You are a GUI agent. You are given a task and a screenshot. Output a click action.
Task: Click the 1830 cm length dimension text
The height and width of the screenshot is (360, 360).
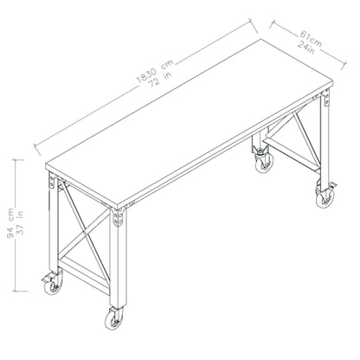coord(155,71)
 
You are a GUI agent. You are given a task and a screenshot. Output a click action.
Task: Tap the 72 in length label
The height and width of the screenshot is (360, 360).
coord(160,79)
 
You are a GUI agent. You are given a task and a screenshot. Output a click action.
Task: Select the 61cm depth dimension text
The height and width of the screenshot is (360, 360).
coord(311,39)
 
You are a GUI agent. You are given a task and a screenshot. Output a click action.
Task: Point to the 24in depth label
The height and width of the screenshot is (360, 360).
coord(306,47)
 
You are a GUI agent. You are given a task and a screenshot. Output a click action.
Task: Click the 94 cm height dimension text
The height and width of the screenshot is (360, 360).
coord(10,222)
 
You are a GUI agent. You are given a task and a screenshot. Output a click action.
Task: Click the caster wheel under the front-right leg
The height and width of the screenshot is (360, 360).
coord(114,319)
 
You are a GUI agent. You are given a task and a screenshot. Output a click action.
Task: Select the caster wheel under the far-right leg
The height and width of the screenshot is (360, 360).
coord(325,197)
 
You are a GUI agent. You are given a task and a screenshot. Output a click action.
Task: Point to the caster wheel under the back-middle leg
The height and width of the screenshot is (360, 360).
coord(264,163)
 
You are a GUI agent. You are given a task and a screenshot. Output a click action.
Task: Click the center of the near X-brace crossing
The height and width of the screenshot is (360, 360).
coord(84,232)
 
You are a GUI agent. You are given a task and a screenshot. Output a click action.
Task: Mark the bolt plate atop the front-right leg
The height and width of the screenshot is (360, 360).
coord(118,218)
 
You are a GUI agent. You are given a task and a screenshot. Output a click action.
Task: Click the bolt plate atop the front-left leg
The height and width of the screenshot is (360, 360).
coord(52,181)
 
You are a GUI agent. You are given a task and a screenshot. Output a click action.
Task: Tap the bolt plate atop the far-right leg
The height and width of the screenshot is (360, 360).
coord(326,98)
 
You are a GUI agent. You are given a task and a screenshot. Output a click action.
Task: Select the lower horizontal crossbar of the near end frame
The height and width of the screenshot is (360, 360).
coord(84,275)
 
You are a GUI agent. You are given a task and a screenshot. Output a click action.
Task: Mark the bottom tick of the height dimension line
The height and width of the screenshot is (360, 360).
coord(21,291)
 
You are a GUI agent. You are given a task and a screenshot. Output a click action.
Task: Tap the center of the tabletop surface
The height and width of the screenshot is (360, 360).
coord(189,123)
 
